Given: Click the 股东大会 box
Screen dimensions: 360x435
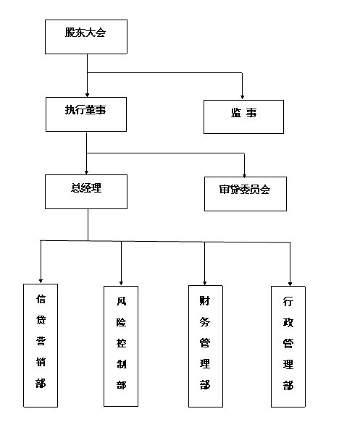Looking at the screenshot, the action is click(x=86, y=37).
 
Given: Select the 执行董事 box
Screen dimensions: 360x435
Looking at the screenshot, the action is click(x=86, y=114).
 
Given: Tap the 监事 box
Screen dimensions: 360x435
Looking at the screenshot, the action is click(x=243, y=117).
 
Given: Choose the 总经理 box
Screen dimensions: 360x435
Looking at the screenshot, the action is click(x=86, y=192).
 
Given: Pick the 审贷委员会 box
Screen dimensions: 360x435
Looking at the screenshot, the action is click(x=246, y=194).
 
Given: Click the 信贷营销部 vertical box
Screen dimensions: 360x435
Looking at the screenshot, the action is click(x=41, y=345).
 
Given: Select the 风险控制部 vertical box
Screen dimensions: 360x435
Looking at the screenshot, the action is click(x=121, y=346).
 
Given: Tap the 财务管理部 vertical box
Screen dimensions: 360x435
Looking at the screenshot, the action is click(x=206, y=346).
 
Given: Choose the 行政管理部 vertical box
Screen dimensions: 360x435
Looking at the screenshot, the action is click(x=288, y=347).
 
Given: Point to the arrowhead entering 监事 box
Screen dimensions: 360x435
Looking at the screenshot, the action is click(x=243, y=97).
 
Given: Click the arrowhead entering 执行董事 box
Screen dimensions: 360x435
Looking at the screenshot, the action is click(x=87, y=95).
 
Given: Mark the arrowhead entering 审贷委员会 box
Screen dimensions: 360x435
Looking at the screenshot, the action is click(x=244, y=176).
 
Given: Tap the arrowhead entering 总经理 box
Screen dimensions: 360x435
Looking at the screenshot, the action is click(x=86, y=172).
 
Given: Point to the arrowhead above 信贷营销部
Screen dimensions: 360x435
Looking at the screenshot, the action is click(x=41, y=281).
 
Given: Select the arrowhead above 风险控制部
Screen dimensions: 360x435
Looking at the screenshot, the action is click(x=121, y=283).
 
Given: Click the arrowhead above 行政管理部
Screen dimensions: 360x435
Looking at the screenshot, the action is click(x=290, y=284).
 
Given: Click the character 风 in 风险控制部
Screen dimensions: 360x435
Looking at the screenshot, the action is click(x=121, y=301).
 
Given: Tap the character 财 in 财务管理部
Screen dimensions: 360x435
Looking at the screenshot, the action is click(x=205, y=300).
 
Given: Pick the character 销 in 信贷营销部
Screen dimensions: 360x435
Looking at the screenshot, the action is click(x=41, y=362).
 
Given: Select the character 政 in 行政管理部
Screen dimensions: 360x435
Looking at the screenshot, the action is click(x=288, y=322).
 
